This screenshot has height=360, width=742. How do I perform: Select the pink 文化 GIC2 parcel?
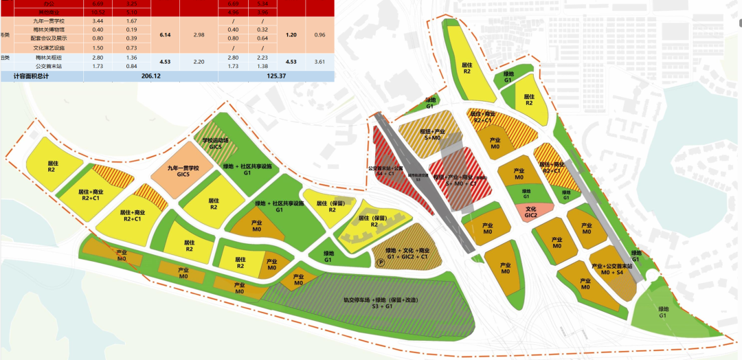pyautogui.click(x=530, y=212)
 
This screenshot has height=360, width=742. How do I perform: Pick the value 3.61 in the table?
pyautogui.click(x=319, y=62)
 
